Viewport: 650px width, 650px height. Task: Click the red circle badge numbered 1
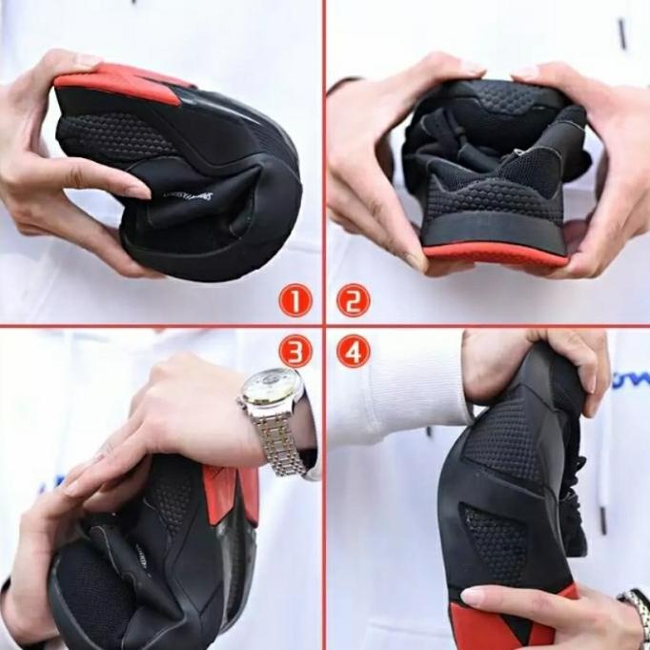pyautogui.click(x=295, y=301)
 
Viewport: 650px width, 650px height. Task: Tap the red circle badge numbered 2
pyautogui.click(x=354, y=301)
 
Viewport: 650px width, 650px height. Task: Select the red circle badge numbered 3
pyautogui.click(x=295, y=352)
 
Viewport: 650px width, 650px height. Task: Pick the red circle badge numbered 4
pyautogui.click(x=354, y=352)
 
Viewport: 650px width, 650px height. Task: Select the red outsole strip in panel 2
pyautogui.click(x=495, y=254)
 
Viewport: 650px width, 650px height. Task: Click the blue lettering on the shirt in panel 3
pyautogui.click(x=48, y=486)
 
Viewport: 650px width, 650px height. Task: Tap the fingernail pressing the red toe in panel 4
pyautogui.click(x=474, y=597)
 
